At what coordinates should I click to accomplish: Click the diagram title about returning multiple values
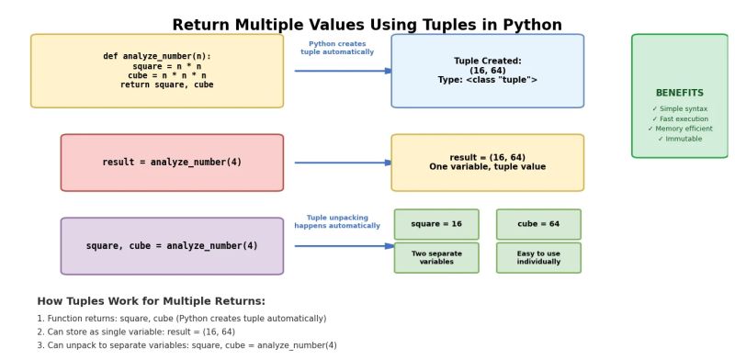(367, 25)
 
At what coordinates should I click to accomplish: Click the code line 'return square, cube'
(166, 84)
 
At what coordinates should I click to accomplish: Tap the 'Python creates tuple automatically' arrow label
(337, 48)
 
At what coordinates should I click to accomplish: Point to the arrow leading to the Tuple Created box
(343, 71)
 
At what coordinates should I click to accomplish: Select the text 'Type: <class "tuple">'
(487, 80)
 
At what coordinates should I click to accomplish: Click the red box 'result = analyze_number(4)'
(172, 163)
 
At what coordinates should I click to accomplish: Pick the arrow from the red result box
(343, 163)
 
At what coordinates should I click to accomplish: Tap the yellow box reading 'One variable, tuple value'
(487, 163)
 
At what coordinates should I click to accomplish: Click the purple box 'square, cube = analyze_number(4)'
(172, 246)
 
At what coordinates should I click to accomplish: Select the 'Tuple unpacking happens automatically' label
(337, 221)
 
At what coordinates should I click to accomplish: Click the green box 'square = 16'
(436, 224)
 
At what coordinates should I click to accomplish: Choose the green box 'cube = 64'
(538, 224)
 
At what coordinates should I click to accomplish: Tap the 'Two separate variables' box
(436, 258)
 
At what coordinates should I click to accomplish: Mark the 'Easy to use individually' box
(538, 258)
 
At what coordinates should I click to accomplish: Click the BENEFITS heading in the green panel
(680, 93)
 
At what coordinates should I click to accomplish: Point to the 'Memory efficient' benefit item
(680, 129)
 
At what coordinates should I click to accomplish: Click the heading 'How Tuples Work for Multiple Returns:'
(151, 301)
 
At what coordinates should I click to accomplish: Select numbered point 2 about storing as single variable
(136, 332)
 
